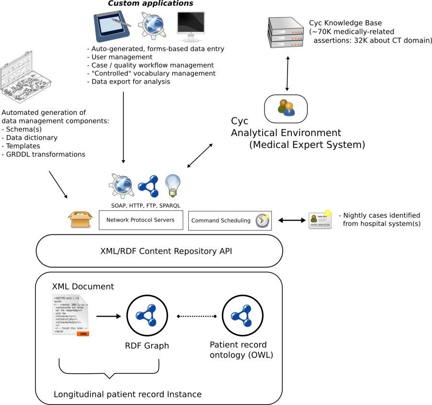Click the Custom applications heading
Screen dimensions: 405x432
150,4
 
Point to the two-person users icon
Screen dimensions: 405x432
287,108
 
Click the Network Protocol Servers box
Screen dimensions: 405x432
141,220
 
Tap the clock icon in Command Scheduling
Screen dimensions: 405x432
262,221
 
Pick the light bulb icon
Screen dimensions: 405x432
172,185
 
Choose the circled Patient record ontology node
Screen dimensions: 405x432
239,316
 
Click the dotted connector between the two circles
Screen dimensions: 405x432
197,316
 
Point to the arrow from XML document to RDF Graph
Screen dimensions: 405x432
108,316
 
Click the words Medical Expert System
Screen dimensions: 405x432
307,145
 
